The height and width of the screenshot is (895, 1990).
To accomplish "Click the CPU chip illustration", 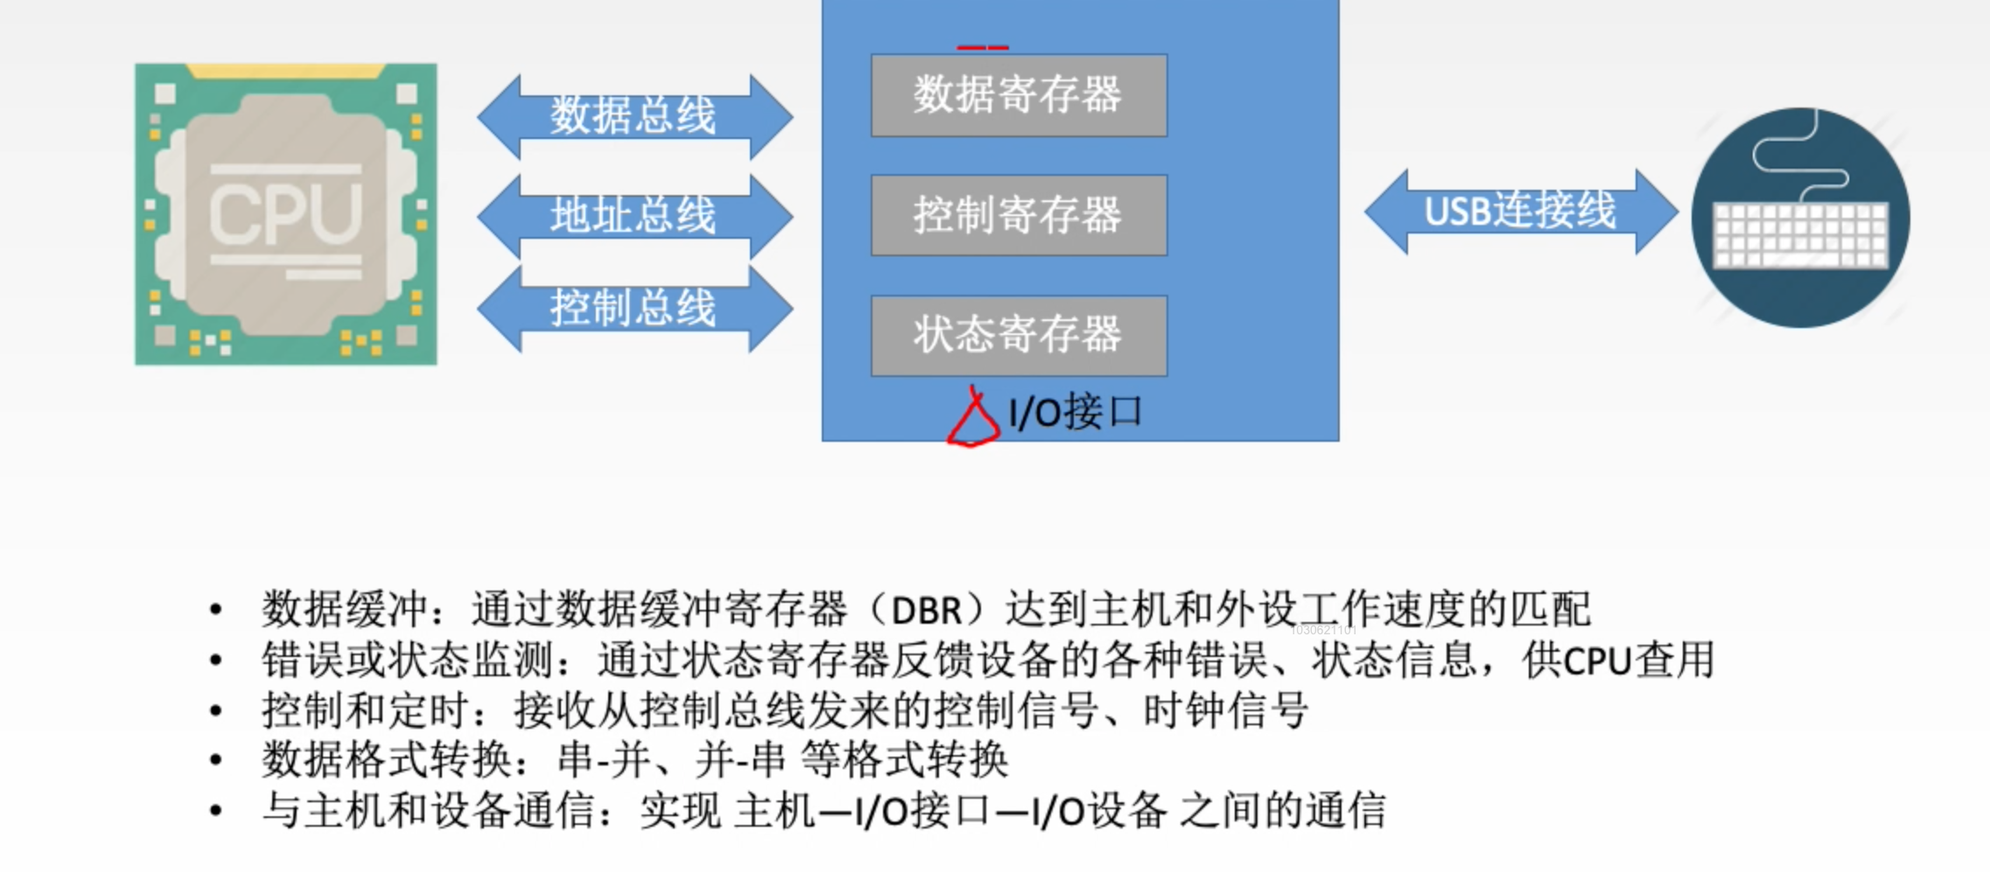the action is (x=285, y=213).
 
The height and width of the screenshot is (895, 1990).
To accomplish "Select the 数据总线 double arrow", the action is (x=634, y=116).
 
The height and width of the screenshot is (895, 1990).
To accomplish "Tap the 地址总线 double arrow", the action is (x=634, y=215).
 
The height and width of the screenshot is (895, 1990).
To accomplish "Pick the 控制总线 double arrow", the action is (x=634, y=308).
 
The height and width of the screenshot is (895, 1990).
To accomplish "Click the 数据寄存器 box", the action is (x=1019, y=95).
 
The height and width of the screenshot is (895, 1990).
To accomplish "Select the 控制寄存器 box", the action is (x=1019, y=215).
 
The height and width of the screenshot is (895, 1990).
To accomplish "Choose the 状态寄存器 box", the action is (x=1019, y=335).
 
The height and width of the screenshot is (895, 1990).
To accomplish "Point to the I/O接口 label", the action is (x=1076, y=412).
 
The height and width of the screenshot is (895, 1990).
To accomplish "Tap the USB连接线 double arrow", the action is (x=1521, y=212).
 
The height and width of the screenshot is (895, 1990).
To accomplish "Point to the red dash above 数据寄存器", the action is (x=983, y=47).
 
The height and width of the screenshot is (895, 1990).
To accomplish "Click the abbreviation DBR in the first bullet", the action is (x=926, y=610).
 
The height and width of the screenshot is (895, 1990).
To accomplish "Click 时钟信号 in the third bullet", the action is (x=1226, y=710).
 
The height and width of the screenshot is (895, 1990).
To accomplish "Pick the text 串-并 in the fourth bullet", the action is (x=604, y=759).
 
